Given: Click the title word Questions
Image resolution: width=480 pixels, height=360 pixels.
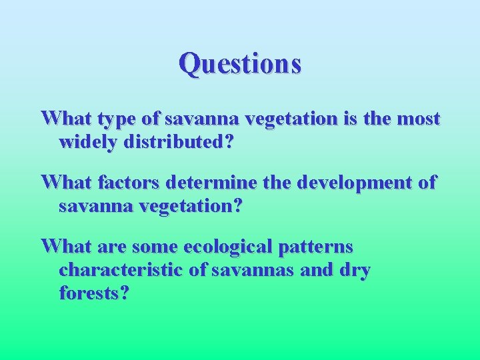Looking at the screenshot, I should point(240,64).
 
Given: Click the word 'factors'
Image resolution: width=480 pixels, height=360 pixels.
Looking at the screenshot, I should point(123,183).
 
